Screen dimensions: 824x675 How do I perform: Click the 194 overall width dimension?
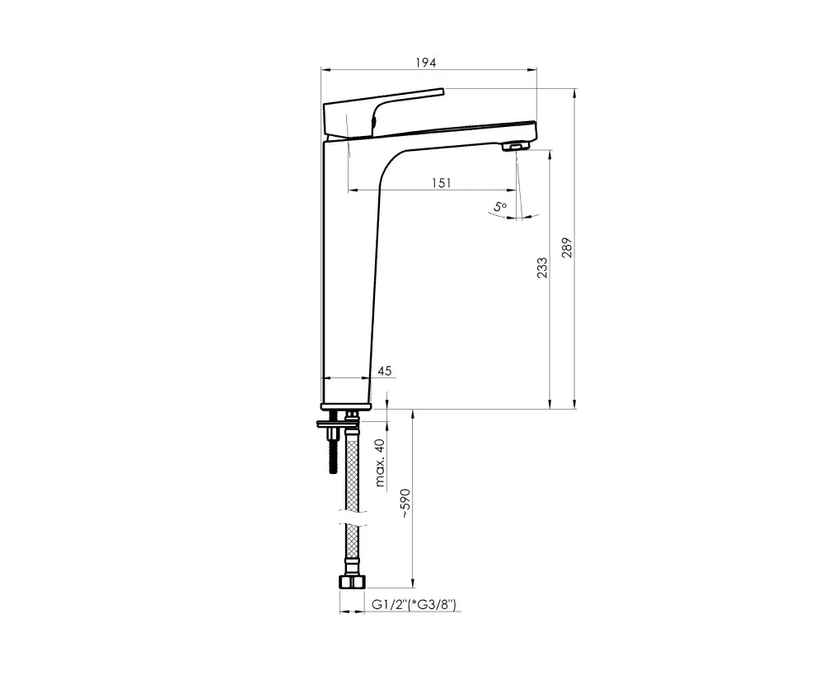(x=426, y=63)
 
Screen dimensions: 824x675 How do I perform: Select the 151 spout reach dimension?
(x=442, y=183)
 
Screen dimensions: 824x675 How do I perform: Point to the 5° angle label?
(x=500, y=206)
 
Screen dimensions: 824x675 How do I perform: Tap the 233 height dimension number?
(x=542, y=268)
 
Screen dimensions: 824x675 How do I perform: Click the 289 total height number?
(x=567, y=248)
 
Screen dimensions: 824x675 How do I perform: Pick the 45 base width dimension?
(x=385, y=371)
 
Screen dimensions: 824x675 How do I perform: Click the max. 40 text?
(x=381, y=462)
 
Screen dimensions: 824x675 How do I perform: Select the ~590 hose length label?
(x=405, y=503)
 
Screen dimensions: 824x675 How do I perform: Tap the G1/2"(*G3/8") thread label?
(x=414, y=605)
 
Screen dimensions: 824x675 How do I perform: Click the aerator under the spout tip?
(x=516, y=146)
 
